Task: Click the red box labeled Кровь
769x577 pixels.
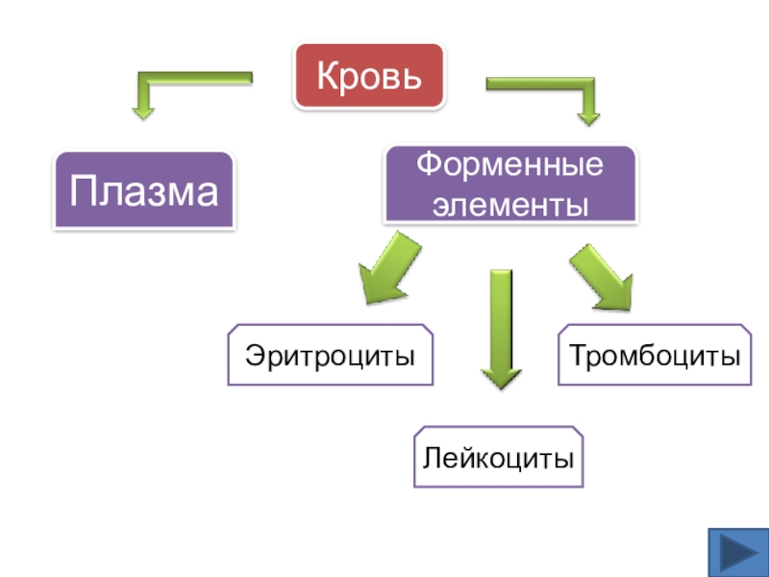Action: point(369,76)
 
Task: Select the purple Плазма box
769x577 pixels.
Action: point(143,189)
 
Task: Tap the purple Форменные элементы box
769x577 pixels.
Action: point(510,184)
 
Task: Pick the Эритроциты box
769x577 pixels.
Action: point(330,355)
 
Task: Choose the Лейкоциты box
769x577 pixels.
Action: point(498,457)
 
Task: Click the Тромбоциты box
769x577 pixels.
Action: point(655,355)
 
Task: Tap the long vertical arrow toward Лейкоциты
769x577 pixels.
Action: point(501,329)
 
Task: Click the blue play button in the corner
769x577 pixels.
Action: point(738,552)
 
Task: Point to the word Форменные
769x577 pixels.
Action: point(509,163)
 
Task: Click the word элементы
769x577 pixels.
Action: point(510,205)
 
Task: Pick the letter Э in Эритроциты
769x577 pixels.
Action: point(254,355)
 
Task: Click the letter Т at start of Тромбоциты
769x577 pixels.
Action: point(580,354)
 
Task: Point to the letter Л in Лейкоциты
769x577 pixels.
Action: point(433,458)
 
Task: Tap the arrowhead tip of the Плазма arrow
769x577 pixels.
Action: point(143,119)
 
